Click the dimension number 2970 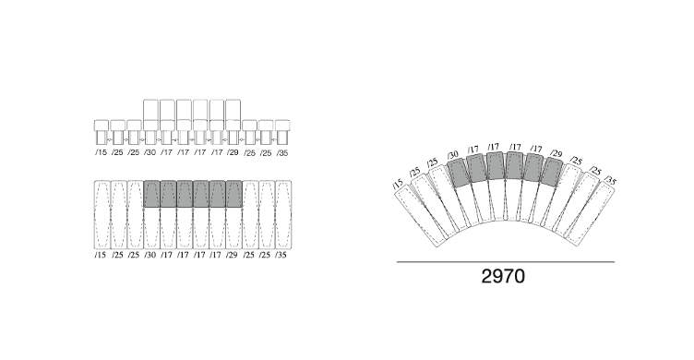tap(503, 276)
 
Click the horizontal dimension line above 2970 tap(506, 262)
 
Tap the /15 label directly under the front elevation tap(101, 152)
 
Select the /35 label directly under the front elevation tap(282, 152)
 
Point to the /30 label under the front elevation tap(150, 152)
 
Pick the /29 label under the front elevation tap(233, 152)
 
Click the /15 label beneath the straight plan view tap(101, 255)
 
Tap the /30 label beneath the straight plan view tap(150, 255)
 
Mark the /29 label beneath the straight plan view tap(232, 255)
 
